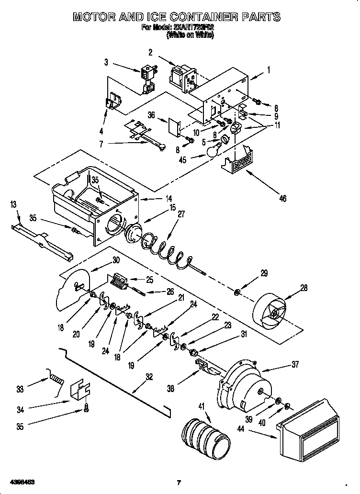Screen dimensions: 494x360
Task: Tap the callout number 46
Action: [x=282, y=198]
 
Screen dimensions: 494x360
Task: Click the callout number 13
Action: [x=13, y=205]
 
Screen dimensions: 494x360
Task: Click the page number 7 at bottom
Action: [x=178, y=482]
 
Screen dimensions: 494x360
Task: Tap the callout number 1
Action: [x=269, y=70]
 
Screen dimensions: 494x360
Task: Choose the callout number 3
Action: [x=106, y=62]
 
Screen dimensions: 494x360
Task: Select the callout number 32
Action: [x=149, y=376]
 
